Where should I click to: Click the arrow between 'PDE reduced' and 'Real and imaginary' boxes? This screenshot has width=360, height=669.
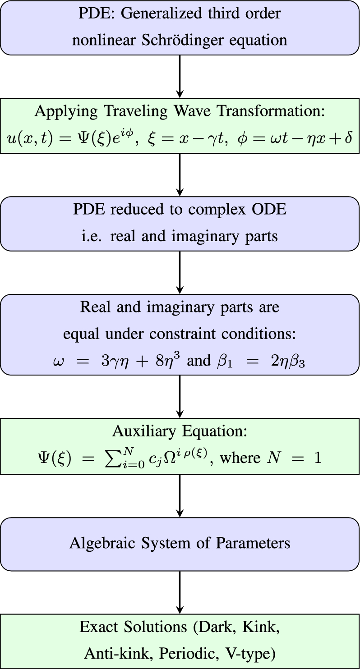[180, 272]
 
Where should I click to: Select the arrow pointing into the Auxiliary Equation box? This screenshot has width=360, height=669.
[180, 397]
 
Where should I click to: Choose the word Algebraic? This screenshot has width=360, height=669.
[97, 543]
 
